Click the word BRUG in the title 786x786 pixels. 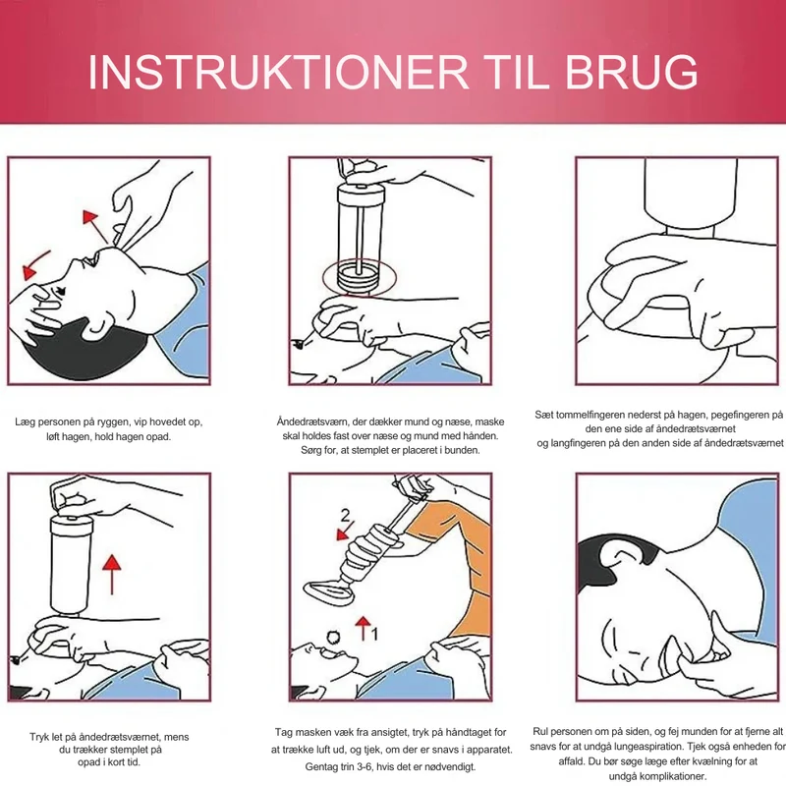pyautogui.click(x=632, y=72)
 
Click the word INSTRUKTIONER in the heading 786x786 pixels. pyautogui.click(x=278, y=72)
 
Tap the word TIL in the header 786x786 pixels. pyautogui.click(x=517, y=72)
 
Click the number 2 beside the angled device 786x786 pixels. pyautogui.click(x=346, y=515)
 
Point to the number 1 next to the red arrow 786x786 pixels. pyautogui.click(x=374, y=634)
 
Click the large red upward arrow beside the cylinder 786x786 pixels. pyautogui.click(x=112, y=575)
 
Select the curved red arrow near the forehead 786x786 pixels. pyautogui.click(x=36, y=264)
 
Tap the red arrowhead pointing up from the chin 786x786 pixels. pyautogui.click(x=90, y=216)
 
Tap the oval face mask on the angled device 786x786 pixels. pyautogui.click(x=329, y=592)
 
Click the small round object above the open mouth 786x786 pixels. pyautogui.click(x=333, y=638)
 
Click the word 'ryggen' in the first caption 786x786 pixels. pyautogui.click(x=107, y=422)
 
